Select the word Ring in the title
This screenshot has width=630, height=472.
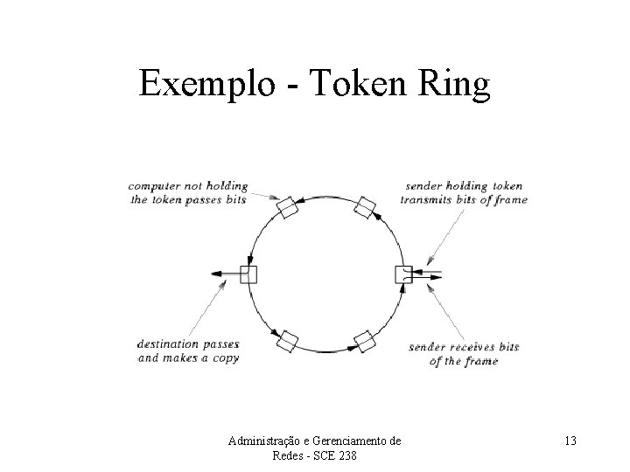457,84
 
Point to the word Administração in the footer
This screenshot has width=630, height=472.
263,441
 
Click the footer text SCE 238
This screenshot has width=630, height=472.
339,457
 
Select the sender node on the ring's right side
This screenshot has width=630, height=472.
403,274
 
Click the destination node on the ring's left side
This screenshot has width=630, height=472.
249,274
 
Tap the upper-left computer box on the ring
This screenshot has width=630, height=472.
287,207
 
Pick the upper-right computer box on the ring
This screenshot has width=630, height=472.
365,207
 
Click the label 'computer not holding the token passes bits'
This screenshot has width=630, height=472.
187,192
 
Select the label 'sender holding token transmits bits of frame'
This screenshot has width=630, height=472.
464,192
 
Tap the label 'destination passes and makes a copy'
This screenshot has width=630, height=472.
188,351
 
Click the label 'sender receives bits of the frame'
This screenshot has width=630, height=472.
464,354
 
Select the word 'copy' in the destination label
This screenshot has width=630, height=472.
224,357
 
